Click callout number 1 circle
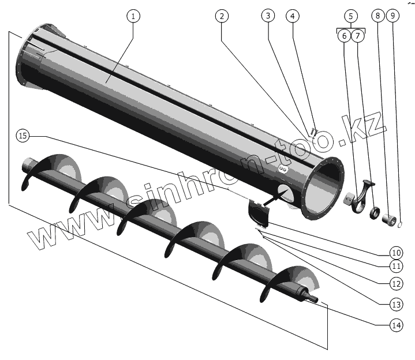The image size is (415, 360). tap(133, 16)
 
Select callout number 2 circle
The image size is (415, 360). tap(221, 16)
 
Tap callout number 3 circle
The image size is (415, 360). tap(267, 16)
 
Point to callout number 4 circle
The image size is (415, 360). tap(293, 16)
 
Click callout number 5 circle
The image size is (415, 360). tap(351, 16)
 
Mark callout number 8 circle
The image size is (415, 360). tap(378, 16)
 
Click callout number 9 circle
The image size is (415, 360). tap(392, 16)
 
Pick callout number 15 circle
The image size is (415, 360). tap(23, 136)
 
